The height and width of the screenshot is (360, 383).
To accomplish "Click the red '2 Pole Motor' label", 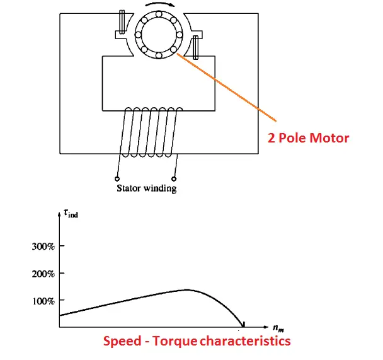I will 308,137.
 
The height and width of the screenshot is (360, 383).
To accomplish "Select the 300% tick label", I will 43,246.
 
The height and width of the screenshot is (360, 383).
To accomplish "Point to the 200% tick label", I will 43,274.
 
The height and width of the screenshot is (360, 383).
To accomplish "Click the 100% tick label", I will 43,301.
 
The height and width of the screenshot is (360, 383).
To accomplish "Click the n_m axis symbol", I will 278,328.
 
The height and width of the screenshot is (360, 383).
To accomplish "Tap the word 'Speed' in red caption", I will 123,341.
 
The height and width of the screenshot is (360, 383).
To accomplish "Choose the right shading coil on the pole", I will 195,45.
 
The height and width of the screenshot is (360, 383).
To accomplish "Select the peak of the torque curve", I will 187,290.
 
